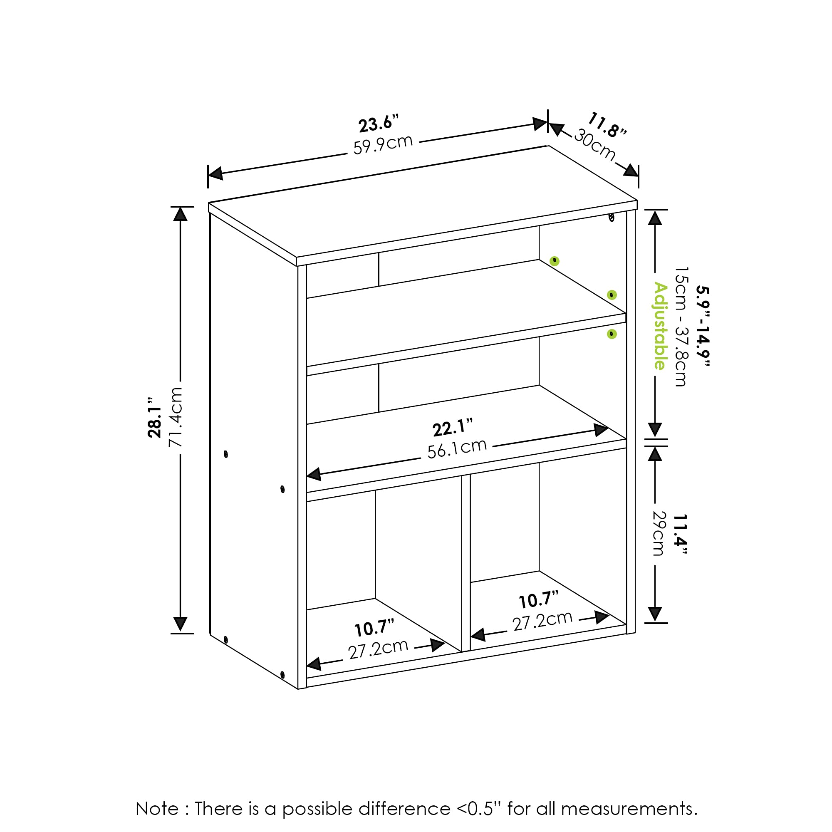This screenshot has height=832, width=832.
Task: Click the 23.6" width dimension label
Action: tap(379, 124)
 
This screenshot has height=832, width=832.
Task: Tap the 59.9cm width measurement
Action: tap(383, 145)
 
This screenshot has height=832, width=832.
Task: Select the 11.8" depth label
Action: tap(607, 125)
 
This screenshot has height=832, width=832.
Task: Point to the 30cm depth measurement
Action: tap(595, 144)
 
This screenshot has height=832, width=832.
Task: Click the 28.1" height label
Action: tap(155, 417)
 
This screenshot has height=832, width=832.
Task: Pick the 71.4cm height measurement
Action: tap(176, 416)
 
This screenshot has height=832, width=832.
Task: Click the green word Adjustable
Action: tap(660, 326)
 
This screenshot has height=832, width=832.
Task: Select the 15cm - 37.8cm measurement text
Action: tap(681, 326)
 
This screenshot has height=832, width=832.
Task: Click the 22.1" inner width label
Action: tap(452, 427)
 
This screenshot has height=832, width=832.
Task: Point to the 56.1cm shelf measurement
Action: tap(456, 448)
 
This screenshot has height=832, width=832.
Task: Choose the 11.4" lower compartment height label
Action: tap(680, 535)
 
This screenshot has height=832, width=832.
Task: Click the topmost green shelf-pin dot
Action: tap(555, 261)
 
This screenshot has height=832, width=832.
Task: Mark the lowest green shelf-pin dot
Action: tap(612, 334)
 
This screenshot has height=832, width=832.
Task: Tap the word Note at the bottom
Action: tap(157, 809)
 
